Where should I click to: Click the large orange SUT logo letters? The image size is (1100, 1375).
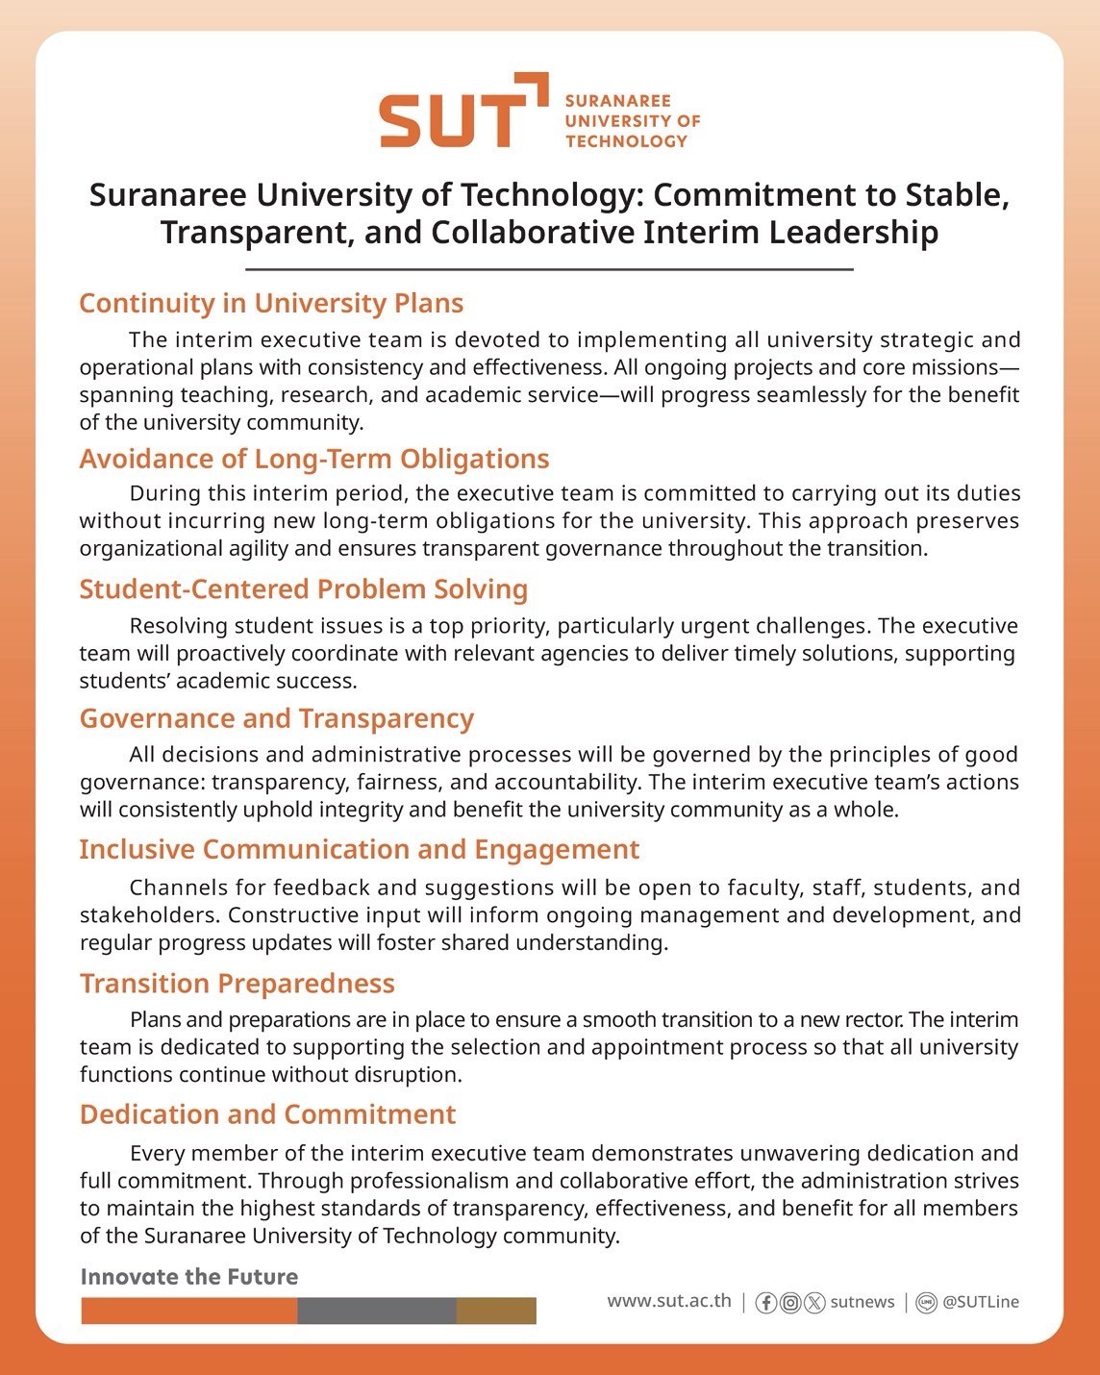tap(452, 119)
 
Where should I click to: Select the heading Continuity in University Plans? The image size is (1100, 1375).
tap(271, 304)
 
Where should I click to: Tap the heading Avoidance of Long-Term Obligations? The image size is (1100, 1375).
tap(314, 459)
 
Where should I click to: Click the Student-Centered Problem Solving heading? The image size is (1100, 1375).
tap(304, 589)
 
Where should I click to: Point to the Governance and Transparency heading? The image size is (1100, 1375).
tap(277, 719)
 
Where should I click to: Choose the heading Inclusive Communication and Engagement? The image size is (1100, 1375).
tap(360, 850)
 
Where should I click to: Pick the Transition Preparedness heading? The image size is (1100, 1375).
tap(237, 984)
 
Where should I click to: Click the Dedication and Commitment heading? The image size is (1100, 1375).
tap(268, 1114)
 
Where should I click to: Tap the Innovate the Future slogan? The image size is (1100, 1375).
tap(189, 1277)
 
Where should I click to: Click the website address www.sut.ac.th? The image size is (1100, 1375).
tap(669, 1301)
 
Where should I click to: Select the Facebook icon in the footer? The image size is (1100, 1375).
tap(766, 1303)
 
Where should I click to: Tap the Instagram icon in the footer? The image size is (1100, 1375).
tap(790, 1303)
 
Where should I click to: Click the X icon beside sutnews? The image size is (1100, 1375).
tap(814, 1303)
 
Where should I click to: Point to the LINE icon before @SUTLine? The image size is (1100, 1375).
tap(926, 1303)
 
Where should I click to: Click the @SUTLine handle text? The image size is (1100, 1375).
tap(981, 1302)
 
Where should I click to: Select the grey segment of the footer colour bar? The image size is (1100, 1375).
tap(377, 1311)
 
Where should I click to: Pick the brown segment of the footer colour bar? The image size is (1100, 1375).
tap(496, 1311)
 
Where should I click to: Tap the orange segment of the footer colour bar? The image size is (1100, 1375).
tap(189, 1311)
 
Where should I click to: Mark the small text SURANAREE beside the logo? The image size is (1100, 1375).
tap(618, 101)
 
